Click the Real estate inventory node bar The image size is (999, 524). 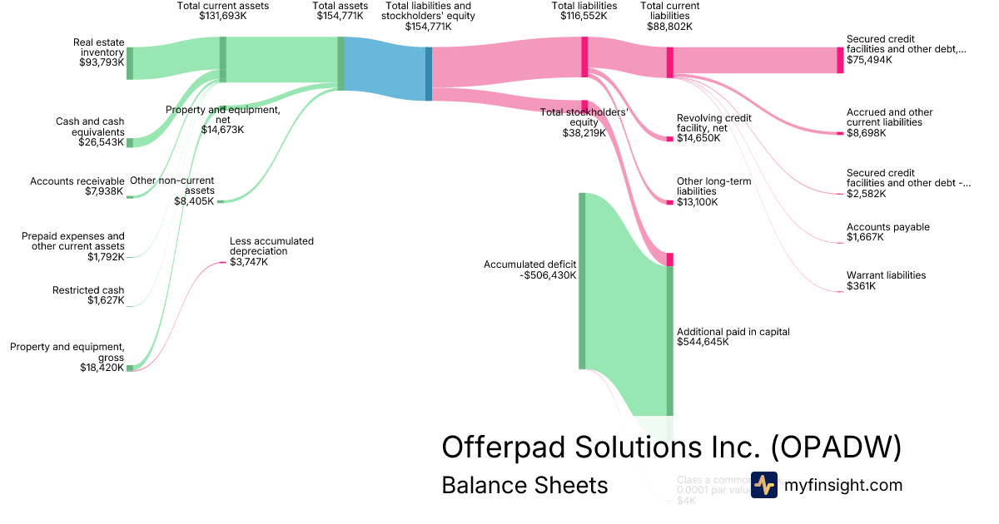click(130, 63)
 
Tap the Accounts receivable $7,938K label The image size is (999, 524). click(77, 186)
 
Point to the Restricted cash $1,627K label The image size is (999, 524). click(88, 295)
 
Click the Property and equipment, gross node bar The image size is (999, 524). click(130, 368)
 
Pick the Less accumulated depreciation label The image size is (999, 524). click(271, 246)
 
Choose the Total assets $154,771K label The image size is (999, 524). click(340, 10)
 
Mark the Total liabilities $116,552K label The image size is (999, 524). click(584, 10)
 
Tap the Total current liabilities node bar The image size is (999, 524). click(669, 62)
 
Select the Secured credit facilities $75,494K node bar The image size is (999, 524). click(840, 60)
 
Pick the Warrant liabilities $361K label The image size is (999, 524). click(886, 280)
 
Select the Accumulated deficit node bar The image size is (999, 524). click(582, 280)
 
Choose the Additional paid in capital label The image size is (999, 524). click(733, 336)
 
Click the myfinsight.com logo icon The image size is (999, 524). click(763, 485)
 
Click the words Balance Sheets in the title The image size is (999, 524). click(524, 485)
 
